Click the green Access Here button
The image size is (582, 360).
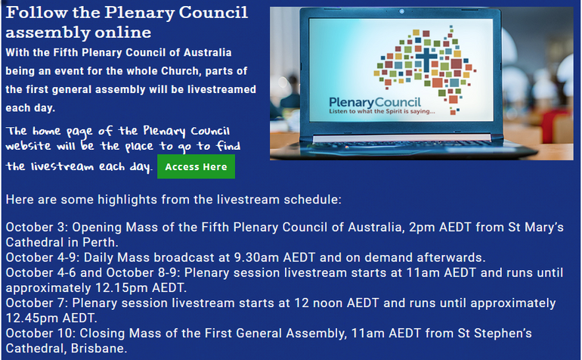coord(196,166)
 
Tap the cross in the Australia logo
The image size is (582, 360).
coord(426,60)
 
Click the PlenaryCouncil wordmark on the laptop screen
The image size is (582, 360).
coord(375,102)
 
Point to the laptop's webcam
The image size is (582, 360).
coord(401,11)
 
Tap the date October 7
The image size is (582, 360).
coord(36,303)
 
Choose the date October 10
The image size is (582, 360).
coord(40,334)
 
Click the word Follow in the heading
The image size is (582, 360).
coord(37,13)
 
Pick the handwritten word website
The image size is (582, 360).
coord(28,146)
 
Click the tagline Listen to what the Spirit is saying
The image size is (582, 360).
coord(382,111)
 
